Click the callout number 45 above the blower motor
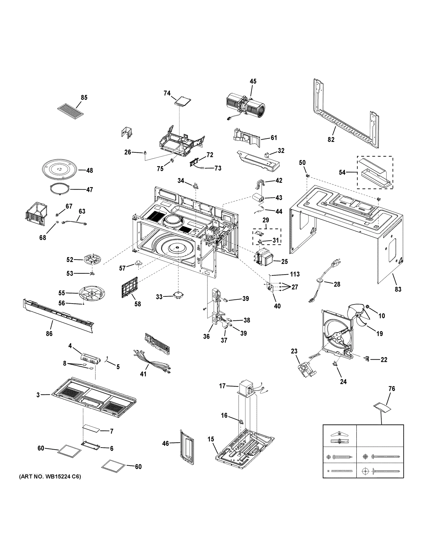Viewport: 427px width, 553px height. coord(253,81)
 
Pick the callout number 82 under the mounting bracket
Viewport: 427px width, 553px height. coord(331,139)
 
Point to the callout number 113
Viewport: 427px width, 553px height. coord(295,274)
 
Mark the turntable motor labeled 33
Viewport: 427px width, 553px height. coord(179,295)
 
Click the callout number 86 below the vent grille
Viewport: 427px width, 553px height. coord(49,333)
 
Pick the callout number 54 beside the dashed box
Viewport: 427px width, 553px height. coord(342,172)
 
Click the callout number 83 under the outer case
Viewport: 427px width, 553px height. coord(398,289)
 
